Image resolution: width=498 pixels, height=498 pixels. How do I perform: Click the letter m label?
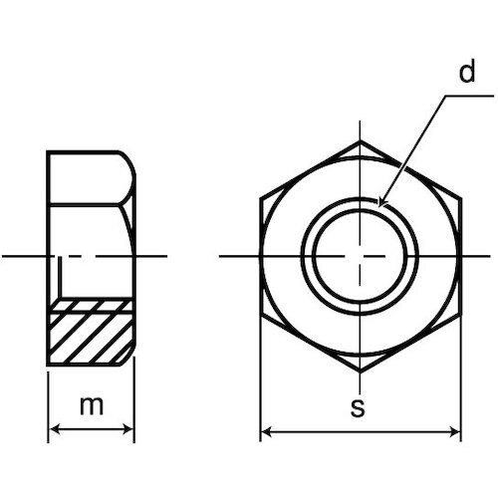[x=92, y=406]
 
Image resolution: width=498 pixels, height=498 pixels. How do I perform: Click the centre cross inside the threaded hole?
[x=361, y=257]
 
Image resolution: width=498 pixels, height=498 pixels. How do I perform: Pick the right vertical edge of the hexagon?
[x=460, y=257]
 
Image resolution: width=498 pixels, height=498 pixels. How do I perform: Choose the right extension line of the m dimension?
[x=133, y=398]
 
